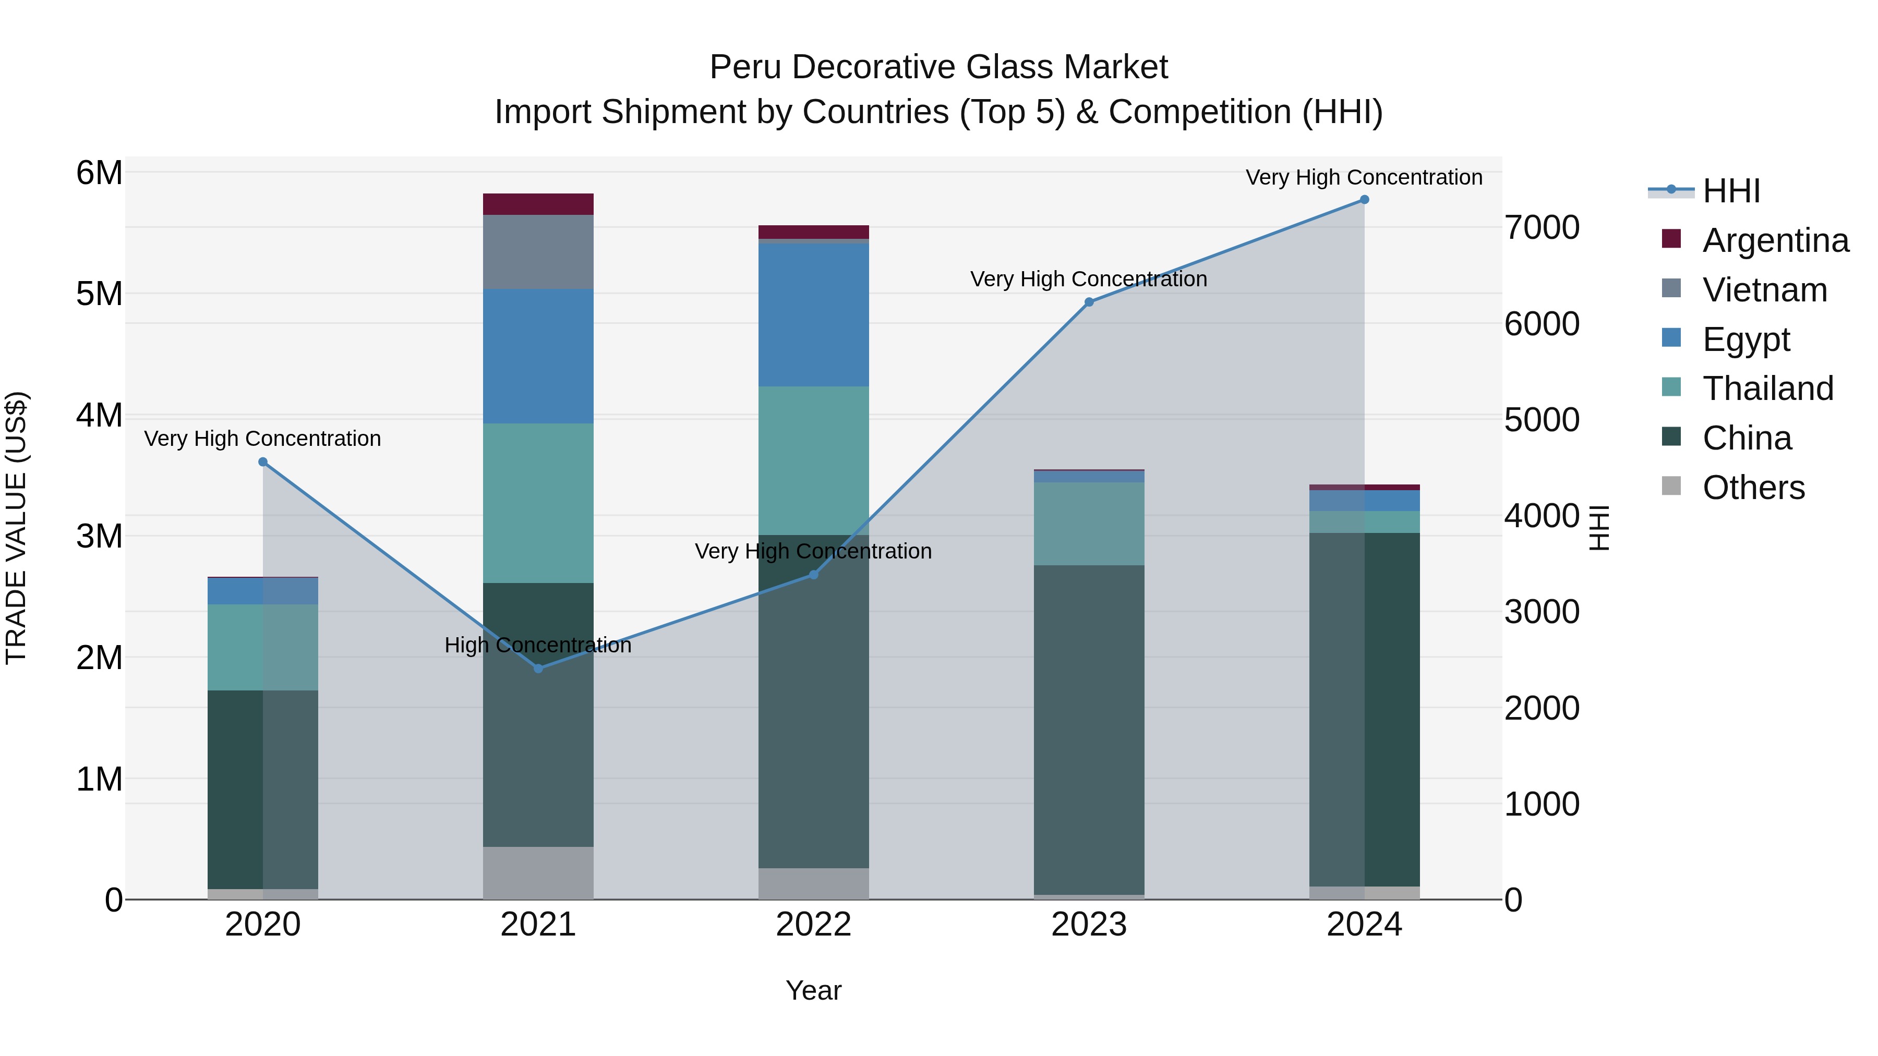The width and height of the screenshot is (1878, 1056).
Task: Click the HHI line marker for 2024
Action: click(x=1364, y=200)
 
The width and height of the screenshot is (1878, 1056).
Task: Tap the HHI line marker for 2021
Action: click(x=538, y=669)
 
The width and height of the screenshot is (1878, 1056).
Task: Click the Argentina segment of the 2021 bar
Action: click(x=538, y=204)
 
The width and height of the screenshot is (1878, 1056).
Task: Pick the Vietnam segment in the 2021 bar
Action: click(x=538, y=251)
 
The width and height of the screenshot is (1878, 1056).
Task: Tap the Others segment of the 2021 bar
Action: click(x=538, y=872)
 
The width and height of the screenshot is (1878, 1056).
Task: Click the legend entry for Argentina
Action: click(x=1775, y=240)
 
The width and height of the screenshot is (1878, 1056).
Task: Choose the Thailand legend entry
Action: click(x=1767, y=389)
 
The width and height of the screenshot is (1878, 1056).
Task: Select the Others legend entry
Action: click(x=1753, y=488)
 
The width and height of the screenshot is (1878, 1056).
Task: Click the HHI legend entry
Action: click(x=1731, y=191)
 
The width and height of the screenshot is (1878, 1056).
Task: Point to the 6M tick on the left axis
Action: click(x=99, y=174)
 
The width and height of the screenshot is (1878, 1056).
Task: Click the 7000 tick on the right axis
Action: click(x=1541, y=227)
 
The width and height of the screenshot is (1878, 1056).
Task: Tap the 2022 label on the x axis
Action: click(x=814, y=925)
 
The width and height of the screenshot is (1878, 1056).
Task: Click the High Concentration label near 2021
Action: click(x=538, y=645)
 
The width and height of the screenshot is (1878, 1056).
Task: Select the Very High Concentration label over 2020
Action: click(x=262, y=439)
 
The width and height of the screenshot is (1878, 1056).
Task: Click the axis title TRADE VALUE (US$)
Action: click(x=16, y=528)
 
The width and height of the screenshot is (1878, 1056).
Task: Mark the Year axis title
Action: click(x=814, y=990)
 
